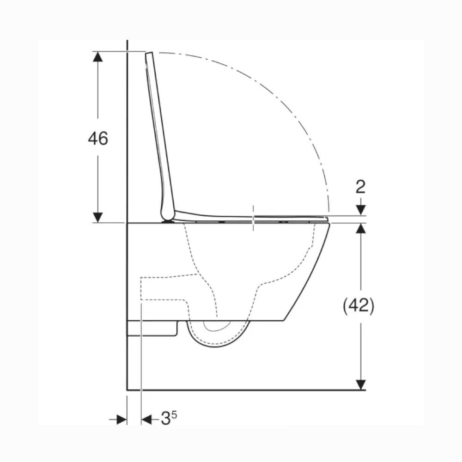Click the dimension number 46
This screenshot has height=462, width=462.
click(x=98, y=138)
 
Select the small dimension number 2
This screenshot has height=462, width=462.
click(x=361, y=187)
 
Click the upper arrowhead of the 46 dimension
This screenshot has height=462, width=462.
click(x=98, y=56)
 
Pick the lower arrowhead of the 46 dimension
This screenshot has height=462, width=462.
click(x=98, y=218)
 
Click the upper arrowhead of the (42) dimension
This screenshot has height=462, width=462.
click(x=361, y=228)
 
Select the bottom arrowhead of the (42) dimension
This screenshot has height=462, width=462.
click(x=361, y=384)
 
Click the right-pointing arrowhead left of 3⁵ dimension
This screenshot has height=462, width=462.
click(x=122, y=419)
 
